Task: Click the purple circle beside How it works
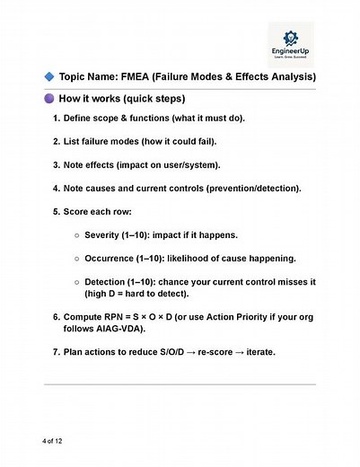(x=47, y=98)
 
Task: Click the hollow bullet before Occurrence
(x=78, y=259)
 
